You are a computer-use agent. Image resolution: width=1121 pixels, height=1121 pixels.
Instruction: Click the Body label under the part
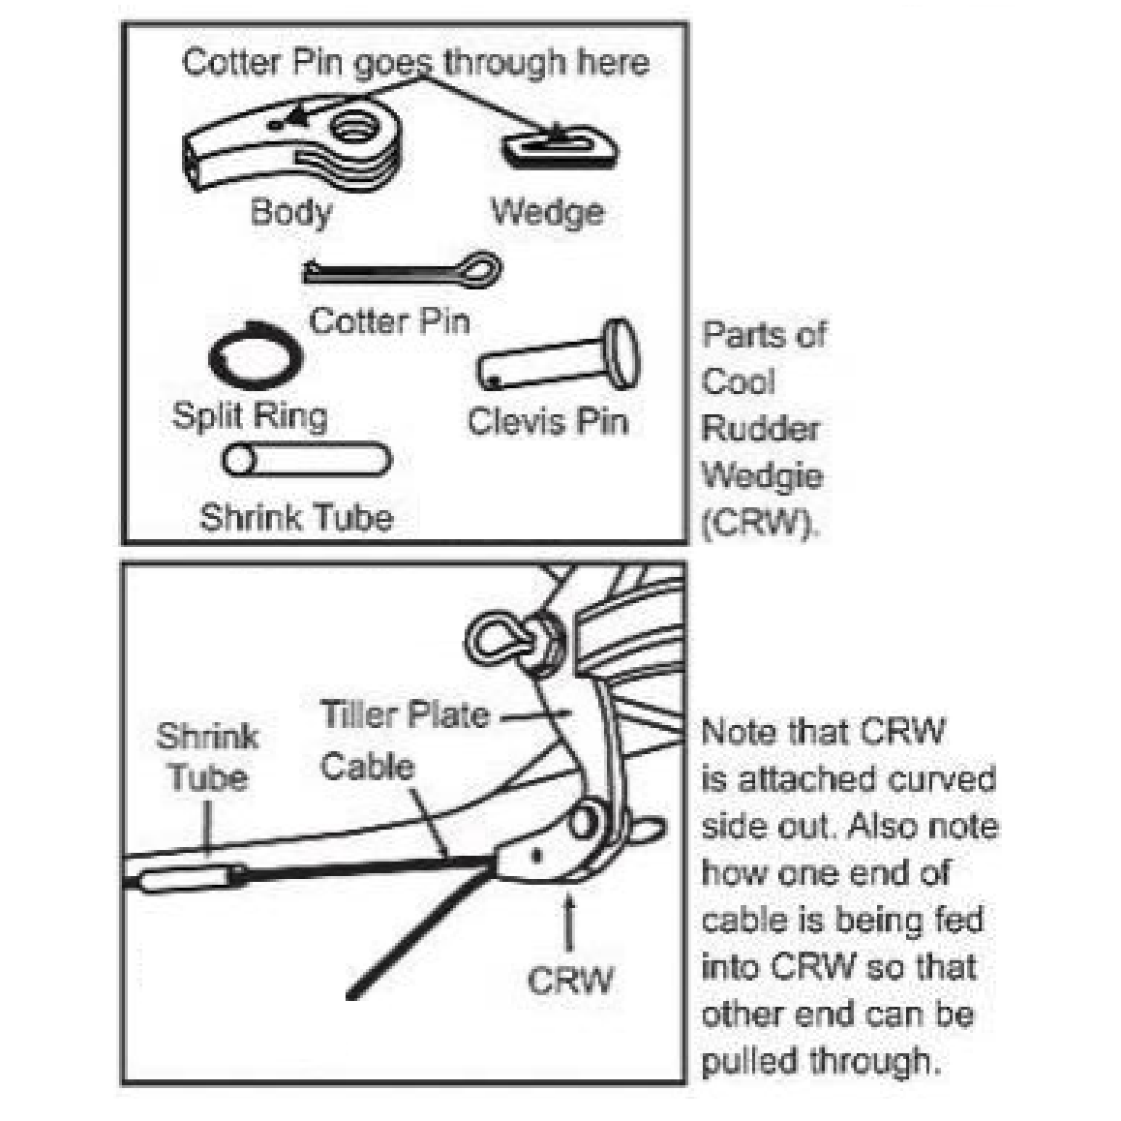(x=290, y=212)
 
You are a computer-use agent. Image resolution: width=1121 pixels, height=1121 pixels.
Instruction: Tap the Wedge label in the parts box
(x=547, y=211)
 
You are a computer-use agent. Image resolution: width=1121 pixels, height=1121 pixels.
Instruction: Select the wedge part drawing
(x=559, y=147)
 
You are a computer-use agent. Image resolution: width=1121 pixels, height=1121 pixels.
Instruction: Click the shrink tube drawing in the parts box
(x=307, y=459)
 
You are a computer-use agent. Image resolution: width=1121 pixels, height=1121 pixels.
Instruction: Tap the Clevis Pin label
(x=547, y=421)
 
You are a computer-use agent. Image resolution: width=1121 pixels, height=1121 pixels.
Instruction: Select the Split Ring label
(x=250, y=416)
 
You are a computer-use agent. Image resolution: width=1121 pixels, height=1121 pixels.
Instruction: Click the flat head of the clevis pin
(x=621, y=352)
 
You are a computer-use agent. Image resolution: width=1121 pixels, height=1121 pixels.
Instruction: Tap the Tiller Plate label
(x=404, y=715)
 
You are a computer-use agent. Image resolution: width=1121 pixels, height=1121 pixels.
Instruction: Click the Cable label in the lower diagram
(x=367, y=767)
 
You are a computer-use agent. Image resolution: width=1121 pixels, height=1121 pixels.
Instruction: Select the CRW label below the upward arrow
(x=570, y=980)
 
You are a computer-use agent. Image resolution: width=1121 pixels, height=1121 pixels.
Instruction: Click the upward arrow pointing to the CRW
(x=569, y=921)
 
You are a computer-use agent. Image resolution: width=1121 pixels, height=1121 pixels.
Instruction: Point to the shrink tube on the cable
(x=192, y=880)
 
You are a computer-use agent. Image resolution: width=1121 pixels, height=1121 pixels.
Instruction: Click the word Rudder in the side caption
(x=761, y=428)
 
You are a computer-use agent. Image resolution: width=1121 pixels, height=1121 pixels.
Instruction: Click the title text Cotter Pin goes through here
(x=415, y=63)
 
